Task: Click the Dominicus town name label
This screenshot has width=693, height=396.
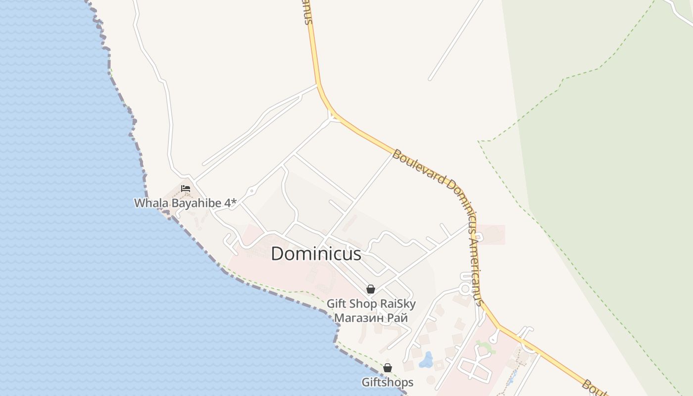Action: pyautogui.click(x=316, y=254)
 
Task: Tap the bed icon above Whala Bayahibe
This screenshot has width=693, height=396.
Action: pyautogui.click(x=186, y=189)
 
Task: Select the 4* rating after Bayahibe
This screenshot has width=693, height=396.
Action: pyautogui.click(x=230, y=203)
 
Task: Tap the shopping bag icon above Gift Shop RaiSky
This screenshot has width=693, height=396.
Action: pyautogui.click(x=370, y=289)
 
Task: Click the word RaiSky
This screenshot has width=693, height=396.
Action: pyautogui.click(x=396, y=304)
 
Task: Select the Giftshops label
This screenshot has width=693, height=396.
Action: pyautogui.click(x=387, y=382)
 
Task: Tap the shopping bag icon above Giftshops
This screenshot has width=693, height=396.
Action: pyautogui.click(x=388, y=368)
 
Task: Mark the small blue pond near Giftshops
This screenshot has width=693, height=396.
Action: pyautogui.click(x=426, y=360)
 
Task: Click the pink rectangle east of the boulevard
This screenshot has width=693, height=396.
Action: pyautogui.click(x=491, y=235)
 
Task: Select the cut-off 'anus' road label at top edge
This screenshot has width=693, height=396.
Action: pyautogui.click(x=307, y=12)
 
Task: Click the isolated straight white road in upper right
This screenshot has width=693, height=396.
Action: pyautogui.click(x=456, y=40)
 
